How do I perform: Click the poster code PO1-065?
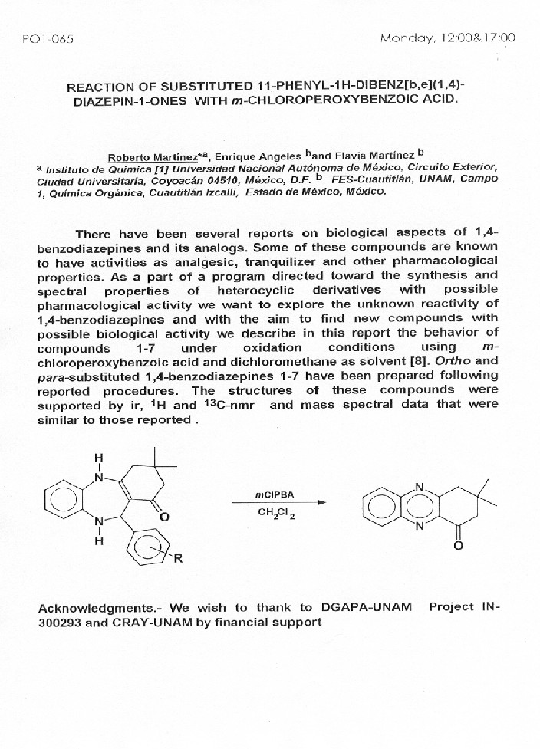(48, 39)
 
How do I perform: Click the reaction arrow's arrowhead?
(321, 503)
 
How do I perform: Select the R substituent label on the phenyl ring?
(179, 559)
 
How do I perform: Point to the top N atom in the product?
(419, 485)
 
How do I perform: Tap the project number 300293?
(60, 623)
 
